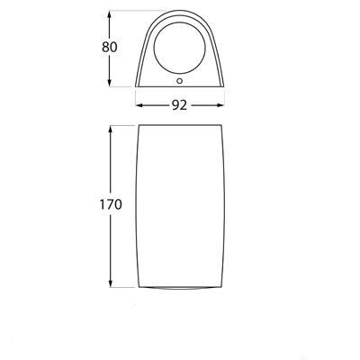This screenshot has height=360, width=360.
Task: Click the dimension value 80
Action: point(110,47)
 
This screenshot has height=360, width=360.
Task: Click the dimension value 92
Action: point(180,105)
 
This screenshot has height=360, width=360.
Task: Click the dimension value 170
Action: point(111,204)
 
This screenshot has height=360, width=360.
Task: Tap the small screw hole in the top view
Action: point(180,81)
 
